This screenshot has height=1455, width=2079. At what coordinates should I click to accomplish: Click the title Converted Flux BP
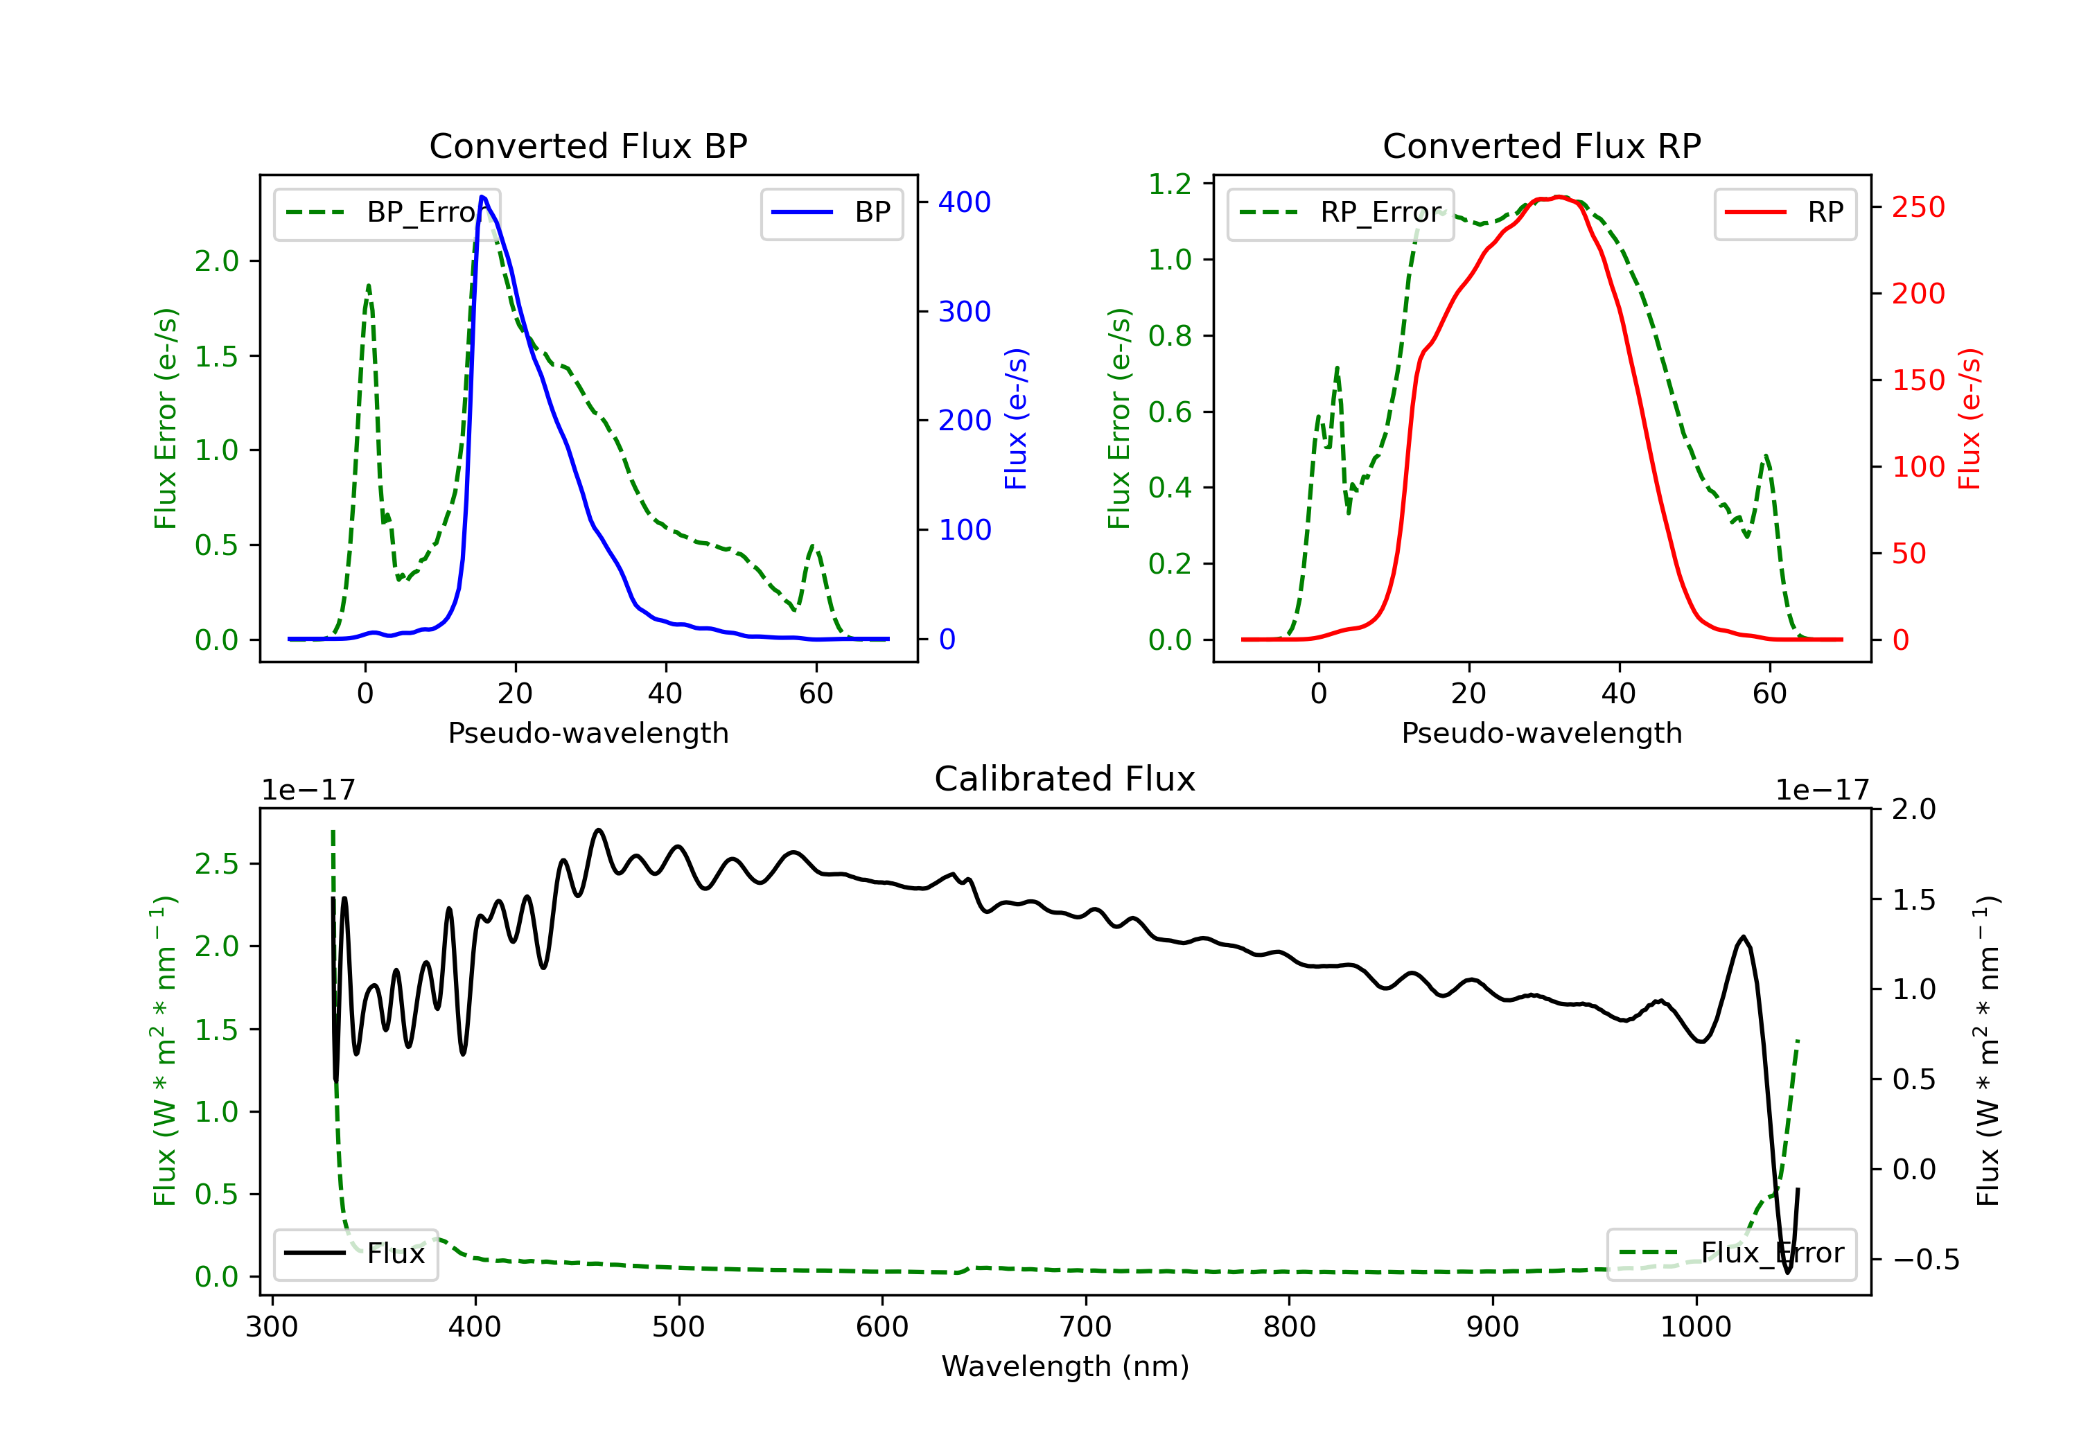[588, 145]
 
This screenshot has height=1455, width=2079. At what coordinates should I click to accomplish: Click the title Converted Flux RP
[1541, 145]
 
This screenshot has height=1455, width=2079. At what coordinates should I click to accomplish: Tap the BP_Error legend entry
[387, 213]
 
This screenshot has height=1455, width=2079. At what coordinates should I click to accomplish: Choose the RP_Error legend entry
[1341, 213]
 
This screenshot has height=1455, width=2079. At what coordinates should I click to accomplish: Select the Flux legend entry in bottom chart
[356, 1254]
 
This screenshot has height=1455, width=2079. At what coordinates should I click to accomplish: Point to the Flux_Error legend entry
[1731, 1253]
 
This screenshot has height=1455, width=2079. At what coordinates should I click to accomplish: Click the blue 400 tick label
[965, 202]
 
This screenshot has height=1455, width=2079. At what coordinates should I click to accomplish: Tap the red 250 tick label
[1918, 207]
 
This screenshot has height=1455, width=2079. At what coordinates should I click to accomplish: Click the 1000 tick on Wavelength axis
[1695, 1328]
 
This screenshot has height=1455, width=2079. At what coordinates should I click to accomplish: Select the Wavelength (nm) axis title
[1065, 1366]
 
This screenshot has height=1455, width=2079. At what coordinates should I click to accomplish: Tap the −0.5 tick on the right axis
[1925, 1260]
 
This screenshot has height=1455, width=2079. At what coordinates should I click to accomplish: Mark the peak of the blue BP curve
[482, 197]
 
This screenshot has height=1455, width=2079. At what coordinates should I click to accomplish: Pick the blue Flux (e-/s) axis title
[1016, 418]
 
